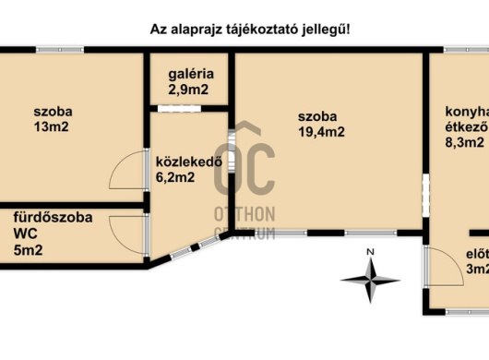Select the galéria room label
click(x=192, y=74)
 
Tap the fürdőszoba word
click(x=52, y=218)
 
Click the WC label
click(x=25, y=234)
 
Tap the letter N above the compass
click(x=368, y=251)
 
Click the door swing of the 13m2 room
click(x=125, y=170)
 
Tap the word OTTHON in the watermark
click(x=244, y=214)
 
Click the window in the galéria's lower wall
click(x=174, y=108)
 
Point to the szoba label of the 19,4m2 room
click(x=317, y=116)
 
